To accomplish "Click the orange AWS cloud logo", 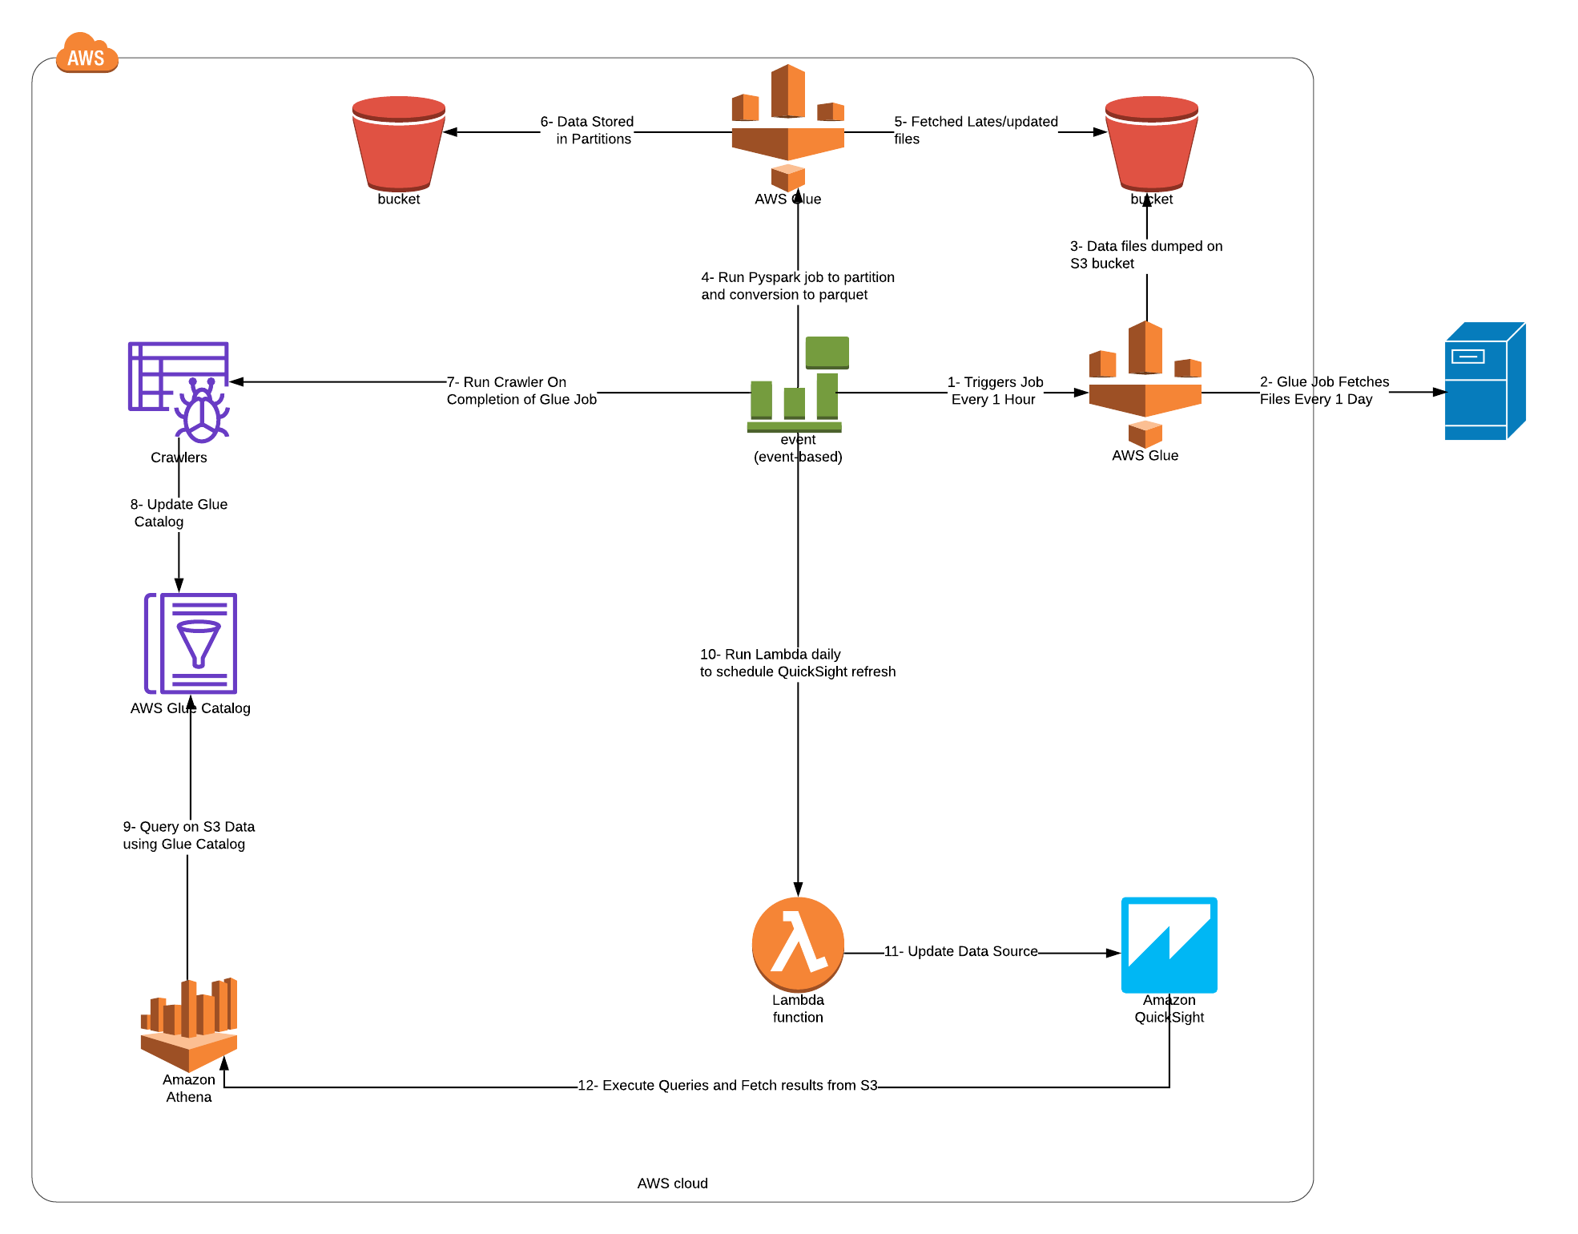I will coord(87,54).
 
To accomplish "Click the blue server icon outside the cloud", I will coord(1483,381).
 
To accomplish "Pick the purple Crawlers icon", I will coord(179,391).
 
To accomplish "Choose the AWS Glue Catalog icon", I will coord(191,643).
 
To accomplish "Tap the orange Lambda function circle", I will coord(798,944).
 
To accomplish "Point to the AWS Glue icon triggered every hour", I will coord(1145,385).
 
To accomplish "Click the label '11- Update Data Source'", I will coord(960,951).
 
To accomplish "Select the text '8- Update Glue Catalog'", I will coord(178,513).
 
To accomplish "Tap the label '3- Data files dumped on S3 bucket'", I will coord(1145,255).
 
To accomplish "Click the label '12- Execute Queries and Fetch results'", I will coord(727,1085).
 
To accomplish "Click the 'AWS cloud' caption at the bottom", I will coord(672,1183).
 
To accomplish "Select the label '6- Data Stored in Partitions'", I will coord(587,130).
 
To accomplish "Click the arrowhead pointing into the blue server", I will coord(1439,392).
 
